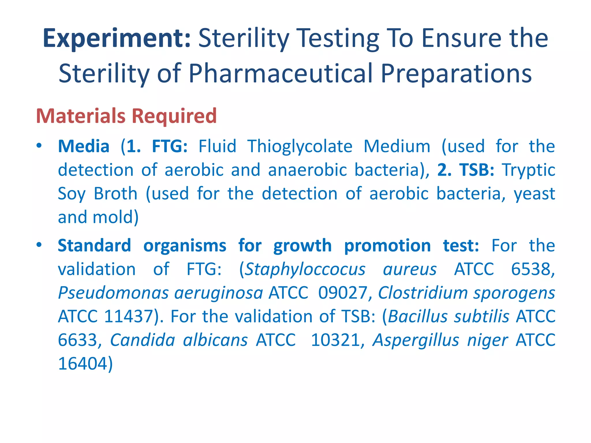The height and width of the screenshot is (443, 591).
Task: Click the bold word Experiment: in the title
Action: pos(117,38)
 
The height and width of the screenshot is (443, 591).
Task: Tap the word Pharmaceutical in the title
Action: pos(281,74)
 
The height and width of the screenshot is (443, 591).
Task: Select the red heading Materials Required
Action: pos(126,116)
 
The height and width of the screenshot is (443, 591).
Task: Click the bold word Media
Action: pos(84,146)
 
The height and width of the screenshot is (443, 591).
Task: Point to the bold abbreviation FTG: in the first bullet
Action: pos(170,146)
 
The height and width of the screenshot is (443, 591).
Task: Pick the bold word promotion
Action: pos(388,246)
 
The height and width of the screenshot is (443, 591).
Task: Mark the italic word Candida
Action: pos(143,340)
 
